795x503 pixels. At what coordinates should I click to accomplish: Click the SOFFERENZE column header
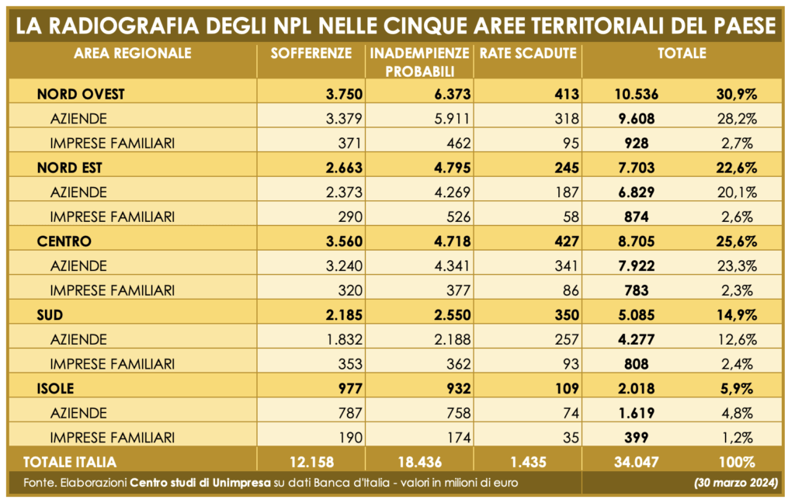[x=311, y=54]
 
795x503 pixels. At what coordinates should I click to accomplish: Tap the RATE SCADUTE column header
[x=528, y=54]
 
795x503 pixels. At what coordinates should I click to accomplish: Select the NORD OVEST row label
[x=82, y=95]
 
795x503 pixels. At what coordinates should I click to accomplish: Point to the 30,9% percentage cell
[x=735, y=95]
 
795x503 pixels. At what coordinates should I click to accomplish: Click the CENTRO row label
[x=64, y=241]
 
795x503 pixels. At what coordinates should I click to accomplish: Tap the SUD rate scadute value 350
[x=568, y=315]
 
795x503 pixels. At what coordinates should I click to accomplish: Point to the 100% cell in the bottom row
[x=736, y=462]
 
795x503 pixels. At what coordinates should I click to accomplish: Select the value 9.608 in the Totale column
[x=636, y=119]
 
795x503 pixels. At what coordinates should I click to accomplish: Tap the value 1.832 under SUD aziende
[x=344, y=339]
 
